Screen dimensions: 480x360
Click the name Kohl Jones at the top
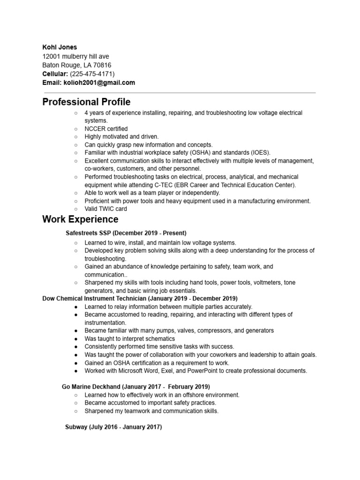[x=60, y=47]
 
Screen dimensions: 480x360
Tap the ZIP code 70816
[x=102, y=65]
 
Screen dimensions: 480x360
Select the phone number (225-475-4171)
[x=92, y=74]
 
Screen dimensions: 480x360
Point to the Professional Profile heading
[x=86, y=102]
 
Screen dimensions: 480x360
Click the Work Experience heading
[x=80, y=219]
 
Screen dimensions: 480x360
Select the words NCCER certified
[x=106, y=128]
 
